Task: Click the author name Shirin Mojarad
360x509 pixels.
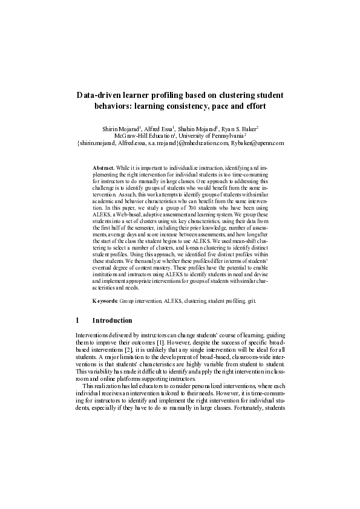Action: coord(119,129)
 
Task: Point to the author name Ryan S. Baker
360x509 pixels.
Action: coord(240,129)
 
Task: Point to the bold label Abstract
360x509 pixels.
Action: coord(103,166)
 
